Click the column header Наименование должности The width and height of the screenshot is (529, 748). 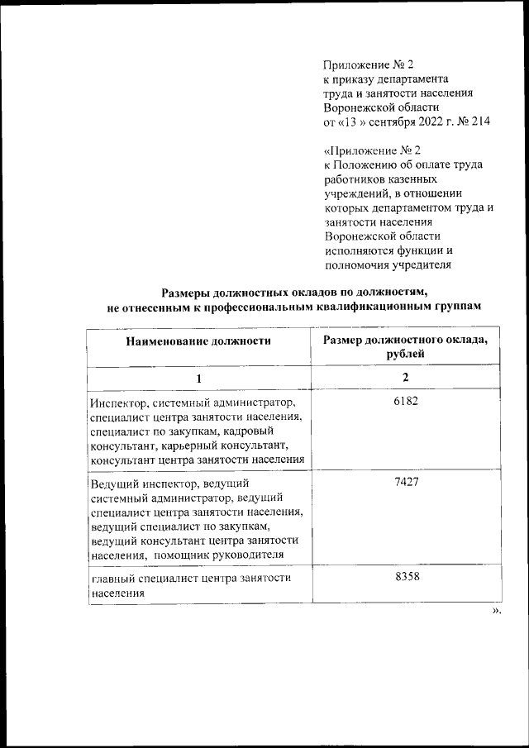(x=198, y=340)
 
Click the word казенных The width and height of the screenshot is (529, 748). (x=408, y=179)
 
